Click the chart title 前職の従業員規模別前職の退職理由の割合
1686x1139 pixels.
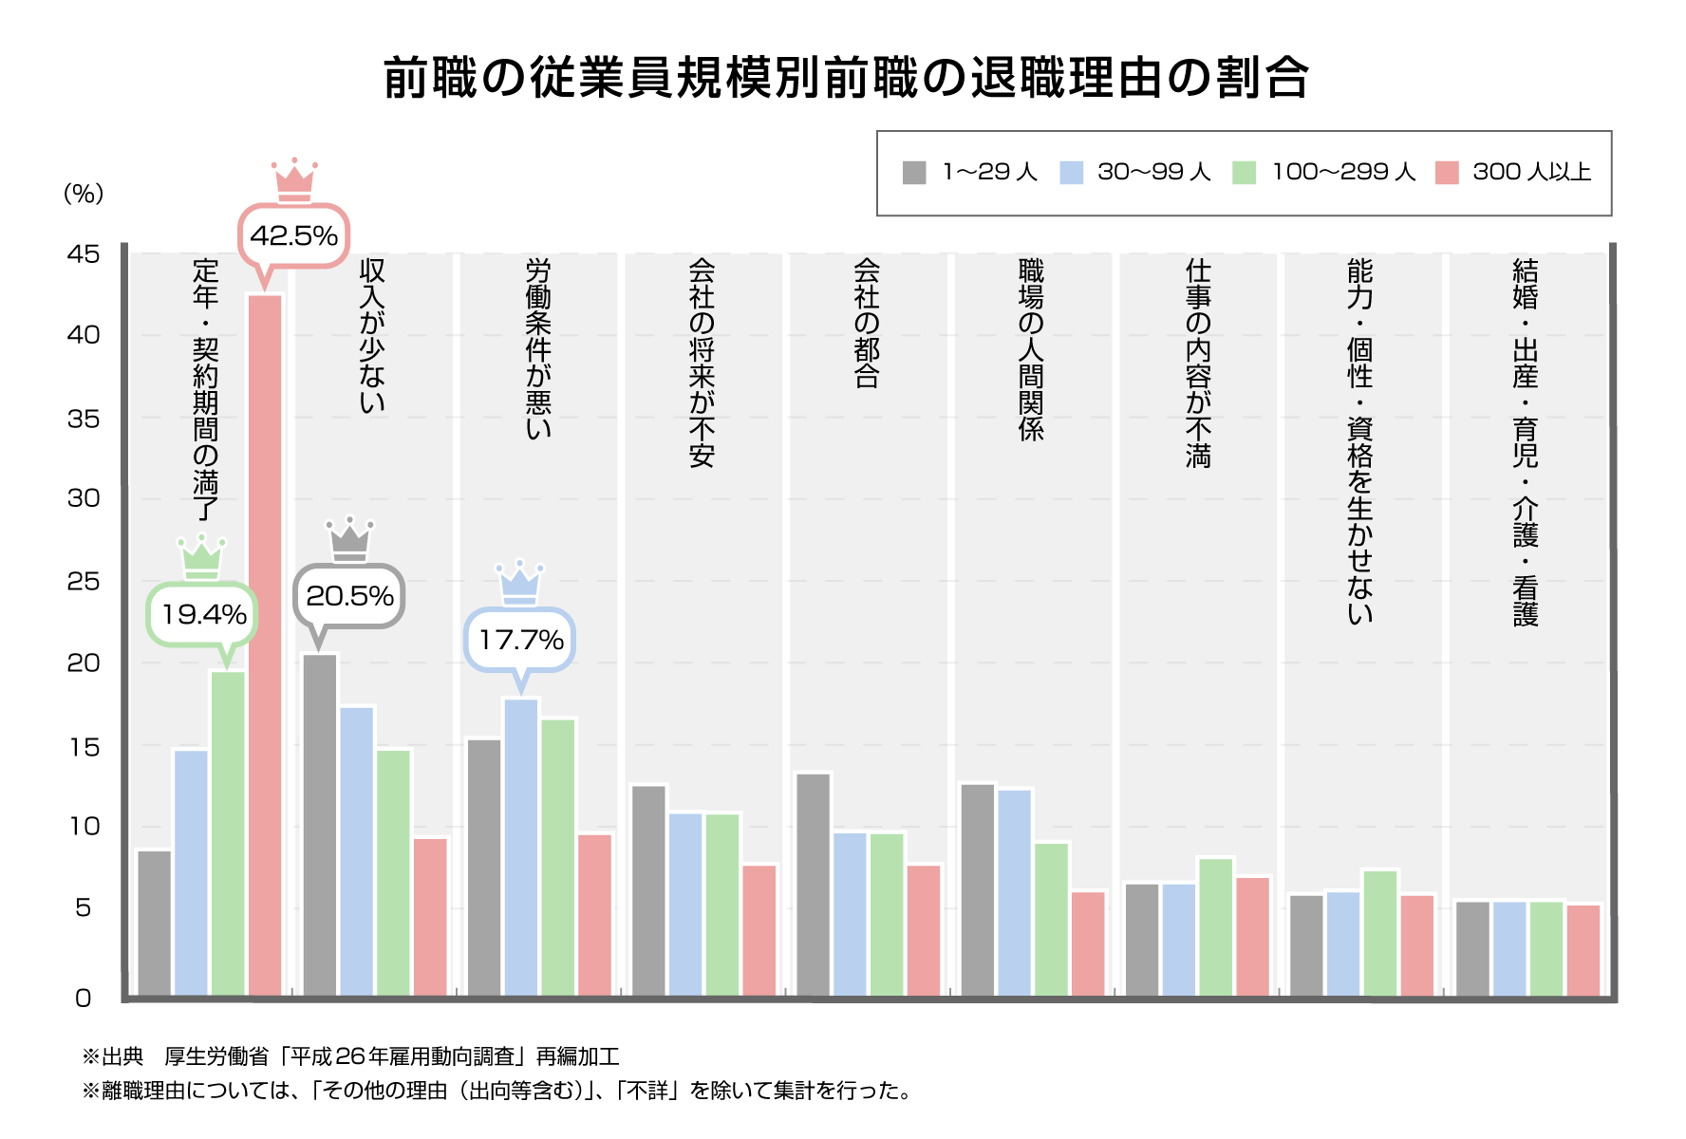[x=846, y=78]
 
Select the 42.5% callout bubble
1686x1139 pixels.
[x=293, y=235]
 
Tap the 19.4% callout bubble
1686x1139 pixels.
[x=203, y=614]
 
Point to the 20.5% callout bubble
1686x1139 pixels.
[x=349, y=596]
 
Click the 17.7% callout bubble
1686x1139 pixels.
[x=520, y=640]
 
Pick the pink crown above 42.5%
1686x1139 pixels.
[x=294, y=180]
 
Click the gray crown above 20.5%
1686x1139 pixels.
[x=349, y=539]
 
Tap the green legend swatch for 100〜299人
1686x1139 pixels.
[x=1244, y=173]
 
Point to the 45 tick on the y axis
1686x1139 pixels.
[x=84, y=253]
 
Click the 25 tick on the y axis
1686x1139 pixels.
[x=84, y=581]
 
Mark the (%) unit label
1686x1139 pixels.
[x=84, y=194]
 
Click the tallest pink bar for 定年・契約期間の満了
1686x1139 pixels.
[x=265, y=645]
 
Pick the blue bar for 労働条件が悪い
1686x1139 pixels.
[x=521, y=847]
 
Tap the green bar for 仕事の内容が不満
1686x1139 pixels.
[x=1215, y=926]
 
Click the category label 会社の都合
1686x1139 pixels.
[x=866, y=323]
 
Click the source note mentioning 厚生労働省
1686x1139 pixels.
[x=350, y=1056]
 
